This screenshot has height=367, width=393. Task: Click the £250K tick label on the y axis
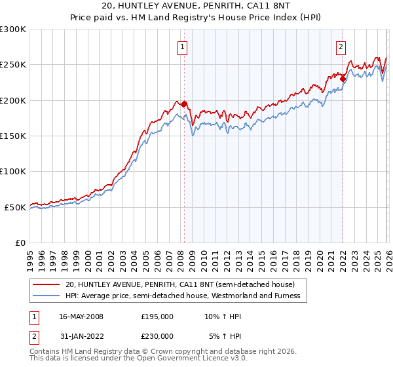13,65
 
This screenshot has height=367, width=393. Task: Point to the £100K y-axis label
13,172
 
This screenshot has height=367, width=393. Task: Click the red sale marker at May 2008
184,104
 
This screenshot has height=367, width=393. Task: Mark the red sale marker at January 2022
343,79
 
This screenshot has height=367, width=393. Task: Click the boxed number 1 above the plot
181,47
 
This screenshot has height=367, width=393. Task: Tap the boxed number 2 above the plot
341,47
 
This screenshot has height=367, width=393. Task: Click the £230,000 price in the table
157,336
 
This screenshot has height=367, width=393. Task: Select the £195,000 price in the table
157,317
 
